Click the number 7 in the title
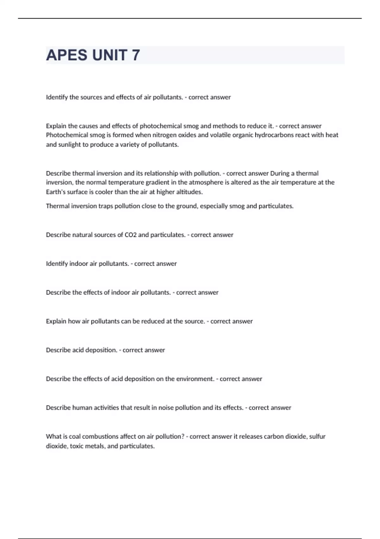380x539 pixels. pos(136,55)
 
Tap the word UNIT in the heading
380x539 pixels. pos(110,55)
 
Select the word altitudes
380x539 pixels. pos(189,192)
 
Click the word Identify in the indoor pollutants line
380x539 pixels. pos(57,264)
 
